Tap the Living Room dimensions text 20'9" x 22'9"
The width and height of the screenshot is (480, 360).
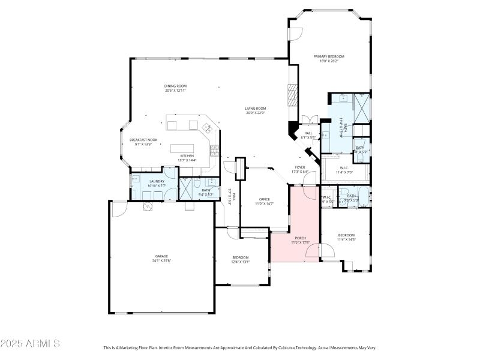point(256,113)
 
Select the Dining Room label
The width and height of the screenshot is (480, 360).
point(175,86)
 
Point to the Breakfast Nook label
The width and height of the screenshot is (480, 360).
point(143,140)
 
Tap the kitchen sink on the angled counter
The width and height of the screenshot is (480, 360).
point(207,127)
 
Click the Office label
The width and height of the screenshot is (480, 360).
point(265,199)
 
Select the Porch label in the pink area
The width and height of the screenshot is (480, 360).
point(299,238)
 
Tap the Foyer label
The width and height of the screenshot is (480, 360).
point(299,167)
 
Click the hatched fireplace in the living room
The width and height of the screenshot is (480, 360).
point(292,95)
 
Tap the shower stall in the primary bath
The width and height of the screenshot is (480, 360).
point(361,108)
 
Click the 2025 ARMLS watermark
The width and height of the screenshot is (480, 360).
point(30,344)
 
